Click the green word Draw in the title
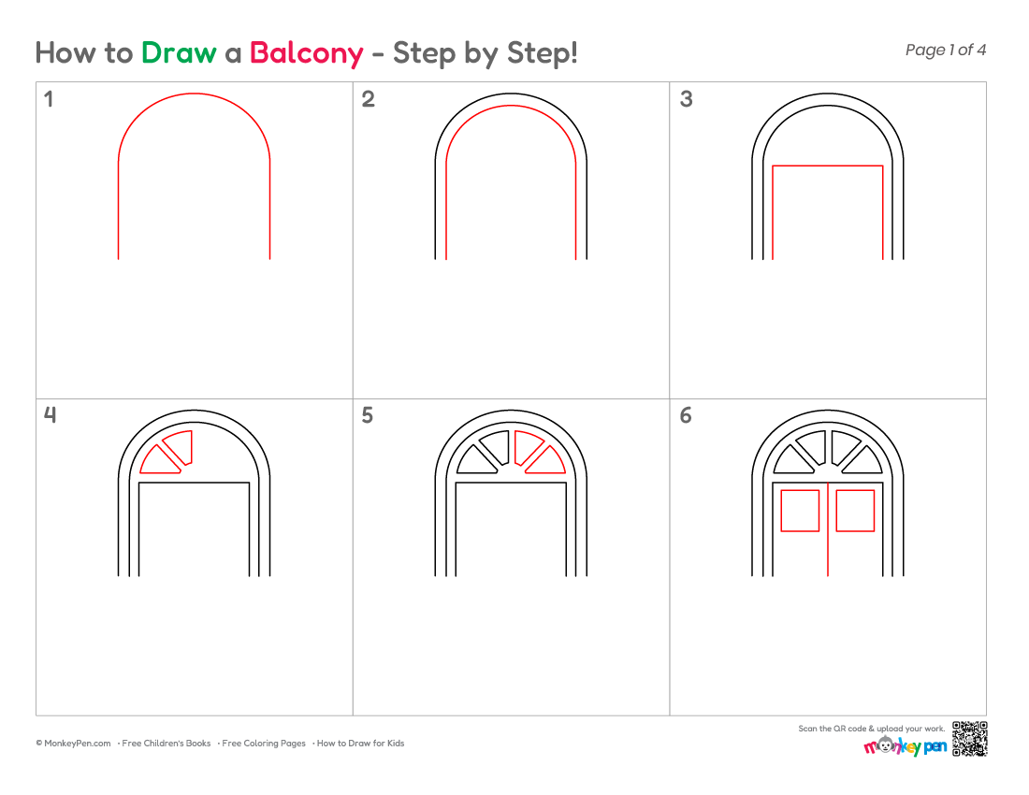pyautogui.click(x=179, y=53)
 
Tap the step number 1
pyautogui.click(x=49, y=99)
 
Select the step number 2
pyautogui.click(x=369, y=99)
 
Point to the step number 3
pyautogui.click(x=687, y=99)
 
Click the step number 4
pyautogui.click(x=50, y=415)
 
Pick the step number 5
pyautogui.click(x=368, y=415)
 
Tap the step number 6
pyautogui.click(x=686, y=415)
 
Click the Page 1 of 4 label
pyautogui.click(x=946, y=50)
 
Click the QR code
pyautogui.click(x=970, y=739)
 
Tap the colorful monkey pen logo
pyautogui.click(x=905, y=745)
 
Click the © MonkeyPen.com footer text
pyautogui.click(x=74, y=744)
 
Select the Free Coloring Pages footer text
pyautogui.click(x=264, y=744)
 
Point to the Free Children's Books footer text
pyautogui.click(x=166, y=744)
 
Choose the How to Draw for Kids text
pyautogui.click(x=360, y=744)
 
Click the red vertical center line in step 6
pyautogui.click(x=828, y=530)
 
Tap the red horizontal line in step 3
pyautogui.click(x=828, y=166)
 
